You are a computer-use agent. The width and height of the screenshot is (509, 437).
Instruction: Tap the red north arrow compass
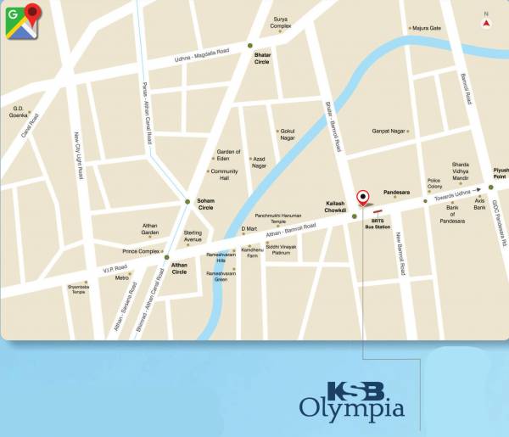point(486,24)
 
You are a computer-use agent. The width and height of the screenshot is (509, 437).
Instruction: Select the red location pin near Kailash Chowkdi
point(363,198)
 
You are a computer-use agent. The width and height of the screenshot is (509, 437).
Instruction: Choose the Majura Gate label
point(427,28)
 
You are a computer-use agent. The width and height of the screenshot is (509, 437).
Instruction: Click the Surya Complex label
point(281,22)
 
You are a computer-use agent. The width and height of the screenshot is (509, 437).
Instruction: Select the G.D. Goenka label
point(19,111)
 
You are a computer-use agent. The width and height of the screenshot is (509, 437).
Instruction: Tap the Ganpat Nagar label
point(389,132)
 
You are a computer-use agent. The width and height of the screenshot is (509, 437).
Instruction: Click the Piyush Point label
point(500,173)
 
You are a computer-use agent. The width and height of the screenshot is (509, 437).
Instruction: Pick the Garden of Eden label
point(229,154)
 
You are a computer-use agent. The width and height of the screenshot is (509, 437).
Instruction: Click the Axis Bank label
point(479,204)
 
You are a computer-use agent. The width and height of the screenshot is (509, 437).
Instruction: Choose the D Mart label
point(249,227)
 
